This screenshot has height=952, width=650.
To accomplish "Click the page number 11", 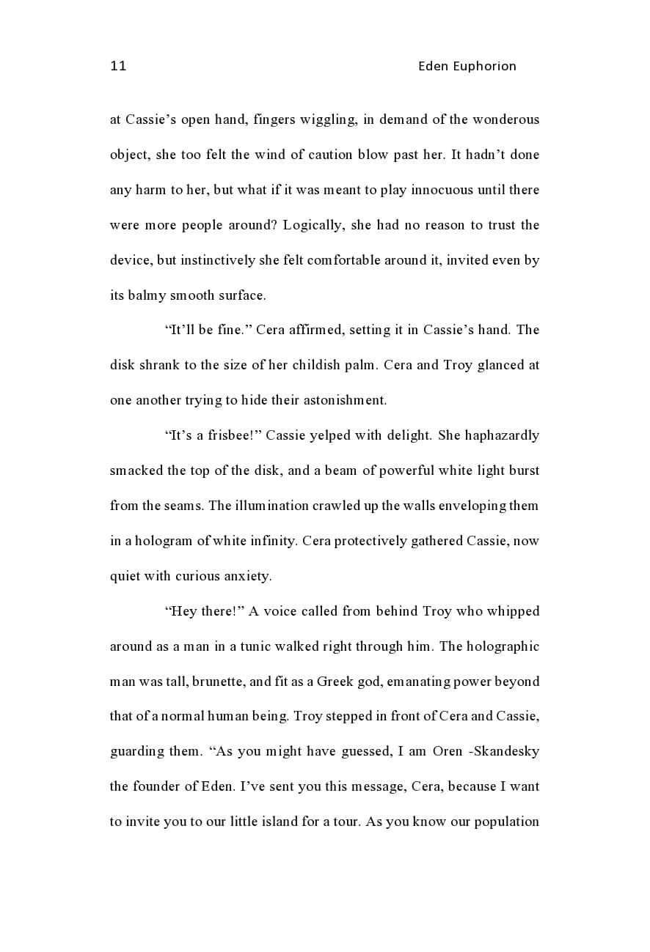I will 118,66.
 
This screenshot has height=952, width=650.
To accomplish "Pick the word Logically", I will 313,225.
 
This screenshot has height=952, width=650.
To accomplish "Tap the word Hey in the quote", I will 183,611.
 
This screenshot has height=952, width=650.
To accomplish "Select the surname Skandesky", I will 510,751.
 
